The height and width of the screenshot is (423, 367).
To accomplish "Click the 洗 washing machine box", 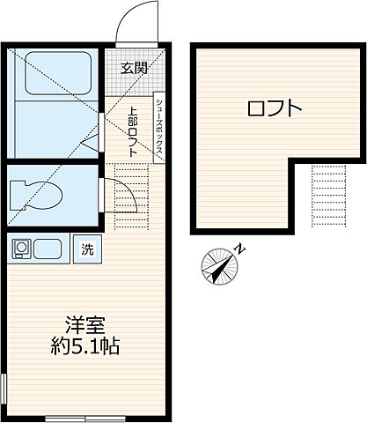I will tap(88, 249).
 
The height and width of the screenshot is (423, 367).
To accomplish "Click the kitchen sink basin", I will tap(48, 249).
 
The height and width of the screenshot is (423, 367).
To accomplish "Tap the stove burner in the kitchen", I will tap(20, 249).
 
